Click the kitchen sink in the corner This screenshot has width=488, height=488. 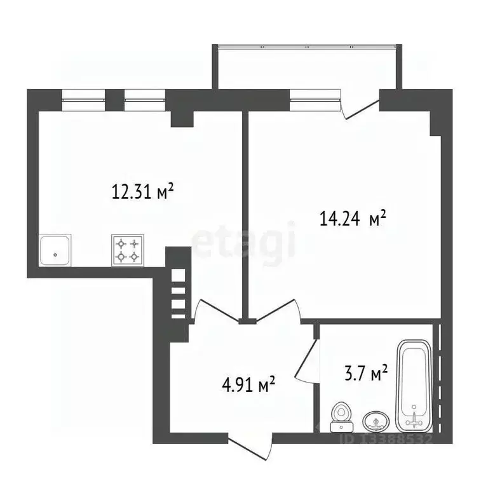55,250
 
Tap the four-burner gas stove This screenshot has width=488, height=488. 128,250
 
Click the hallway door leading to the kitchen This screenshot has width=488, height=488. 212,311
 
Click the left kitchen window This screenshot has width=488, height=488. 83,96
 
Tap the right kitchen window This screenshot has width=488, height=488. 145,96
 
